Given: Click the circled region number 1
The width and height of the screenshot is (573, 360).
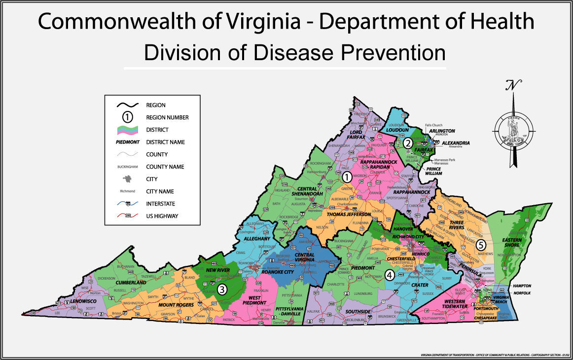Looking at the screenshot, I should coord(347,177).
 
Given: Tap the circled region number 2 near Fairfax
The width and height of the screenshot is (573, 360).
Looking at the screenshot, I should coord(408,144).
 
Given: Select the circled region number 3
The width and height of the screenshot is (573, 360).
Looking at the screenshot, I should coord(222,289).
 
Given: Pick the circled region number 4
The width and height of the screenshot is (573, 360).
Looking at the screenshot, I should coord(390,275).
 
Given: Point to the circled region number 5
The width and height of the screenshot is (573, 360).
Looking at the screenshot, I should coord(481,244).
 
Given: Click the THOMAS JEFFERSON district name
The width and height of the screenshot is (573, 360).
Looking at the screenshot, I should coord(350,215).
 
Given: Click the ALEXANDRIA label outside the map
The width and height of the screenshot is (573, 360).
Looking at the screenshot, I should coord(456,143).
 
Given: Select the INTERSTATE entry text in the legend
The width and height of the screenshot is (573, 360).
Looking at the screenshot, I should coord(161,204).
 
